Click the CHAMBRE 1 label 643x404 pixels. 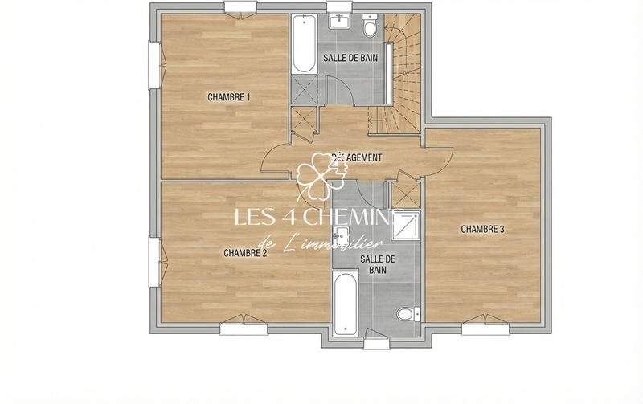click(x=229, y=97)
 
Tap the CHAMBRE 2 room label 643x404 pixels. click(x=245, y=252)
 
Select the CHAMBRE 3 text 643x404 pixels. click(x=482, y=229)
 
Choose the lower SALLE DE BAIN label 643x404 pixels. click(x=377, y=265)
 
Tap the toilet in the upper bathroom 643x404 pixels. click(x=370, y=29)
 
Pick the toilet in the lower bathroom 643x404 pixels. click(x=406, y=312)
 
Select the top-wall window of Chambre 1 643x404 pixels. click(x=241, y=9)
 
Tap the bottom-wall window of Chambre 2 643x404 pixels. click(x=241, y=328)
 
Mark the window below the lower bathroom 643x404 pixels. click(x=375, y=343)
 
